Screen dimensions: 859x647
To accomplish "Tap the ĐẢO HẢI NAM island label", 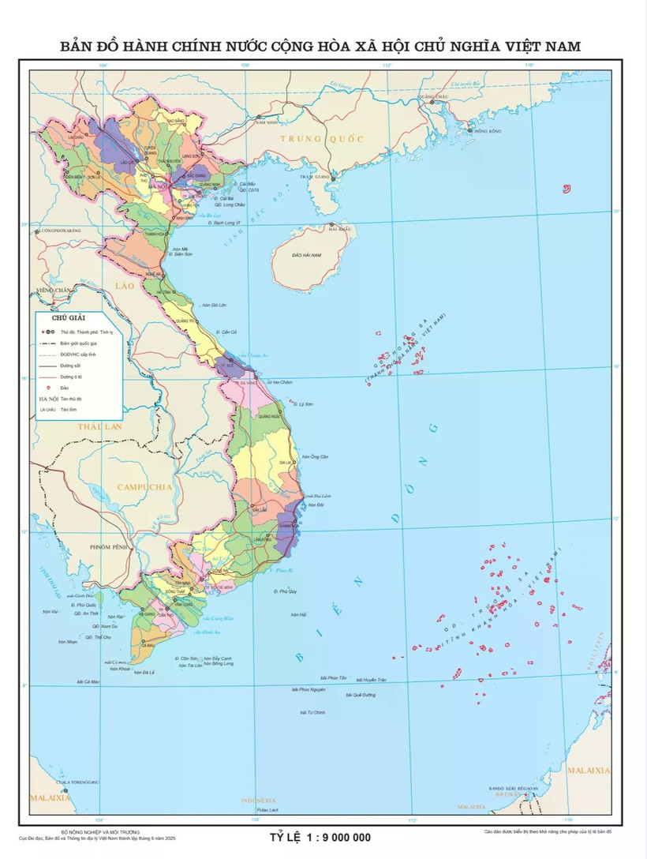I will [306, 256].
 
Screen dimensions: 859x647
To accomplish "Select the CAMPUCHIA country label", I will [144, 487].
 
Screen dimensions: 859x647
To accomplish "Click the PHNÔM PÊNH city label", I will [108, 546].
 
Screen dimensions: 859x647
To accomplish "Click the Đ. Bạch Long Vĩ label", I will [225, 223].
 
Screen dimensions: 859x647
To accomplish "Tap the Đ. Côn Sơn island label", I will [189, 658].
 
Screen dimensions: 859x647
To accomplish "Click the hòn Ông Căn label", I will [319, 457].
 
